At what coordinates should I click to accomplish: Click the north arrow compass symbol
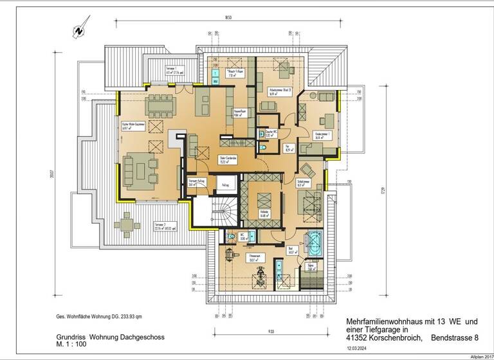(x=78, y=30)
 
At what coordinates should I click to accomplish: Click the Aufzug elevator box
(x=225, y=185)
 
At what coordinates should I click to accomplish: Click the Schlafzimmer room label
(x=304, y=183)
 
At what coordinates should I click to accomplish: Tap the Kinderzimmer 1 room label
(x=322, y=135)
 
